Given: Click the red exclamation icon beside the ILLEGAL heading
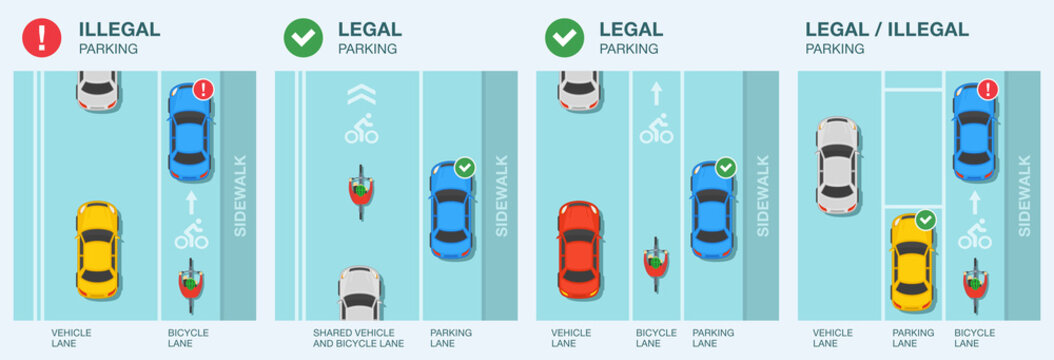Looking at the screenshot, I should point(41,37).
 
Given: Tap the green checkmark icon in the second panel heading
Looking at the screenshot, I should point(302,37).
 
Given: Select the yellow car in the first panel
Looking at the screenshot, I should point(98,243).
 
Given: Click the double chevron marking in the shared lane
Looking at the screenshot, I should point(360,96).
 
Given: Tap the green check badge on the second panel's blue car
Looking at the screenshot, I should point(465,168).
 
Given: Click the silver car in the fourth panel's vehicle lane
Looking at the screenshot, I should point(836,166).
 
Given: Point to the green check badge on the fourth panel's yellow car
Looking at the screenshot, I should point(927,218).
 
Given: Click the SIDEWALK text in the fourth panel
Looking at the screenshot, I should point(1024,195).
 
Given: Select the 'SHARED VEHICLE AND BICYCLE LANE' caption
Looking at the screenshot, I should point(359,338).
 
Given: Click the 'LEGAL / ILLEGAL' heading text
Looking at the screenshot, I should point(887,29).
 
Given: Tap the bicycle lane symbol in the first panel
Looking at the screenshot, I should point(191,235).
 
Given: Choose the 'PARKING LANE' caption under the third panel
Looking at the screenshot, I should point(713,338).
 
